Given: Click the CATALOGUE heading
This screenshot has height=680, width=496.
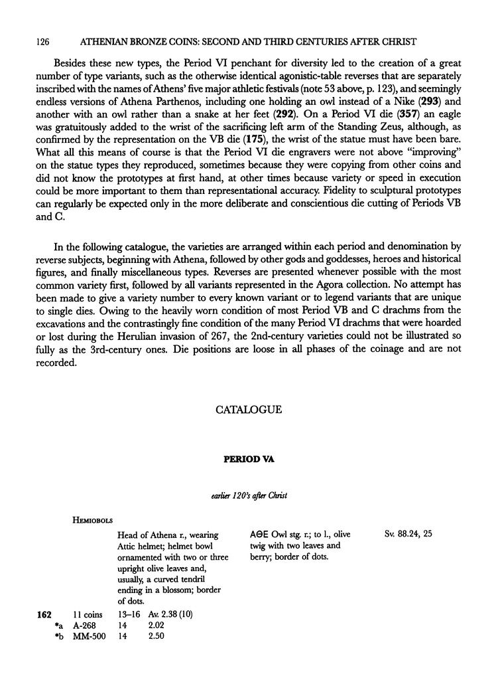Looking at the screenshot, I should pos(249,410).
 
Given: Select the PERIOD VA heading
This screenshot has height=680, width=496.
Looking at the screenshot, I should pos(248,458).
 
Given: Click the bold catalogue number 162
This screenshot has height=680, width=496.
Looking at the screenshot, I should pos(44,614).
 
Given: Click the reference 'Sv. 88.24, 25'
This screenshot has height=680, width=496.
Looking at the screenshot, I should pos(408,533).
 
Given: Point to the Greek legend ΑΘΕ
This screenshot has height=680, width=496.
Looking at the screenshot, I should pos(260,534).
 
